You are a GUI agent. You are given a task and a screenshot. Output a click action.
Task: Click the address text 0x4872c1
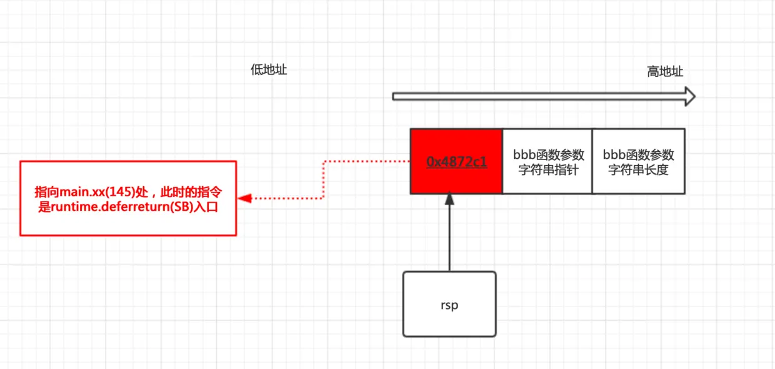click(456, 161)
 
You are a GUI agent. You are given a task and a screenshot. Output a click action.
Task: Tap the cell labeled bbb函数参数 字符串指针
click(547, 161)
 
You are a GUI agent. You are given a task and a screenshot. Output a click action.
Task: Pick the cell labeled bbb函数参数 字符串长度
click(638, 161)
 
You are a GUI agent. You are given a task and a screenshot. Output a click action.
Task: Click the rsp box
click(449, 304)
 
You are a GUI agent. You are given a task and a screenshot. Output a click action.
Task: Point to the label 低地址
click(269, 70)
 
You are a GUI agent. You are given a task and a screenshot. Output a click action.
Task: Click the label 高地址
click(665, 72)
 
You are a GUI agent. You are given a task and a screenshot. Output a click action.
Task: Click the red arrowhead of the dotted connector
click(245, 198)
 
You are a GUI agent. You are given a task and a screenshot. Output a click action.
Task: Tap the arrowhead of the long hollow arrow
click(689, 96)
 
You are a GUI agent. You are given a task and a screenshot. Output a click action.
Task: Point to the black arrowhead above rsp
click(449, 199)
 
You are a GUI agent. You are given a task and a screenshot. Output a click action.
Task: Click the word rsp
click(449, 306)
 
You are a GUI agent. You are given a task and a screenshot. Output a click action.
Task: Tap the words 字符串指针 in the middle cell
click(547, 169)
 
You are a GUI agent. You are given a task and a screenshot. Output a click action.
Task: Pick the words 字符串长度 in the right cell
click(638, 169)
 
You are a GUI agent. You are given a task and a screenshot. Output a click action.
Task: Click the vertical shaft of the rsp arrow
click(449, 238)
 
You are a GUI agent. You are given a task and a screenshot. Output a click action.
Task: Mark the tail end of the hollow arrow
click(395, 96)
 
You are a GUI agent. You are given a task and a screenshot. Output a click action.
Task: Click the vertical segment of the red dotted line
click(324, 180)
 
